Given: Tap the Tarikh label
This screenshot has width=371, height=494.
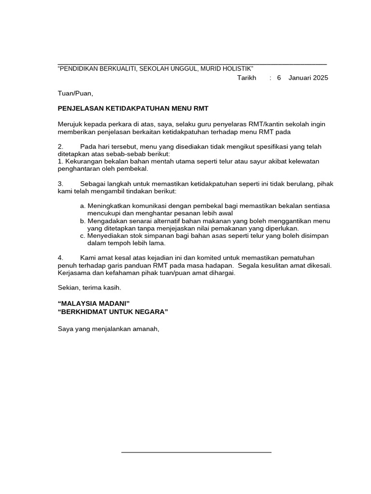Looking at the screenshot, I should click(246, 78).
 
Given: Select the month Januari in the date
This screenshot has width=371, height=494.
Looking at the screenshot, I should click(300, 78).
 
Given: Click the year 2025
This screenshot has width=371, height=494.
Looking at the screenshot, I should click(320, 78).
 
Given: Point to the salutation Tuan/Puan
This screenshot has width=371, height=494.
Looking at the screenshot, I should click(75, 93).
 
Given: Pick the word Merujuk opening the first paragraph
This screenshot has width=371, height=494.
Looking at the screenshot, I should click(70, 124).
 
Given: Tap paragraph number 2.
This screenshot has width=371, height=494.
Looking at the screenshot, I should click(60, 147).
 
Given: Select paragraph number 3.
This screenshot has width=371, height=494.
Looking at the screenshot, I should click(60, 184).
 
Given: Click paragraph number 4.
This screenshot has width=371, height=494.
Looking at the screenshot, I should click(60, 258).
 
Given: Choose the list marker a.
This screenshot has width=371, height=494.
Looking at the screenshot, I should click(82, 206).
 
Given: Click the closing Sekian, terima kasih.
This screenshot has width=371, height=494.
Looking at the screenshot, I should click(89, 288).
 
